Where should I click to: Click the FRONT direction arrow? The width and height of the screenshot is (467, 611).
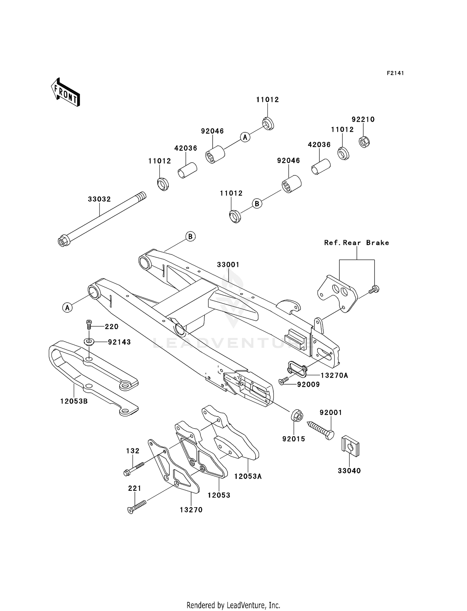[x=65, y=93]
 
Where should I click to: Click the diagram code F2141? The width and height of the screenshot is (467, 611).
[x=395, y=73]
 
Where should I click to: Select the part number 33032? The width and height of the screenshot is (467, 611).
[x=99, y=199]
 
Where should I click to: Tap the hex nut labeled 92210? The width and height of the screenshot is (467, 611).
[x=364, y=142]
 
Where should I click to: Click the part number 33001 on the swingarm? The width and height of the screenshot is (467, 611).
[x=228, y=265]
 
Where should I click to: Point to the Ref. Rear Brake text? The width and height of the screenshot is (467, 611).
[x=356, y=243]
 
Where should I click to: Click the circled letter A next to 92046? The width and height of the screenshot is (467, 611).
[x=245, y=137]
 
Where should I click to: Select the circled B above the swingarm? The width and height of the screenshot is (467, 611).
[x=190, y=237]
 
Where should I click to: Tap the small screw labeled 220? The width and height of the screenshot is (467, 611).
[x=89, y=325]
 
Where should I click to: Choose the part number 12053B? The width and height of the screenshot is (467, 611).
[x=74, y=401]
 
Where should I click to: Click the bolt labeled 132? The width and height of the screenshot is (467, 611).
[x=134, y=469]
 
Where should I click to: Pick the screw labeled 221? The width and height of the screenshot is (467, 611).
[x=137, y=506]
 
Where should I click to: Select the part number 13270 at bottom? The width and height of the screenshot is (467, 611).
[x=191, y=510]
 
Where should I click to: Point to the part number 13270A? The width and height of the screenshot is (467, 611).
[x=334, y=376]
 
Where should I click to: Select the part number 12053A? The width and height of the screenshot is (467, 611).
[x=248, y=476]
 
